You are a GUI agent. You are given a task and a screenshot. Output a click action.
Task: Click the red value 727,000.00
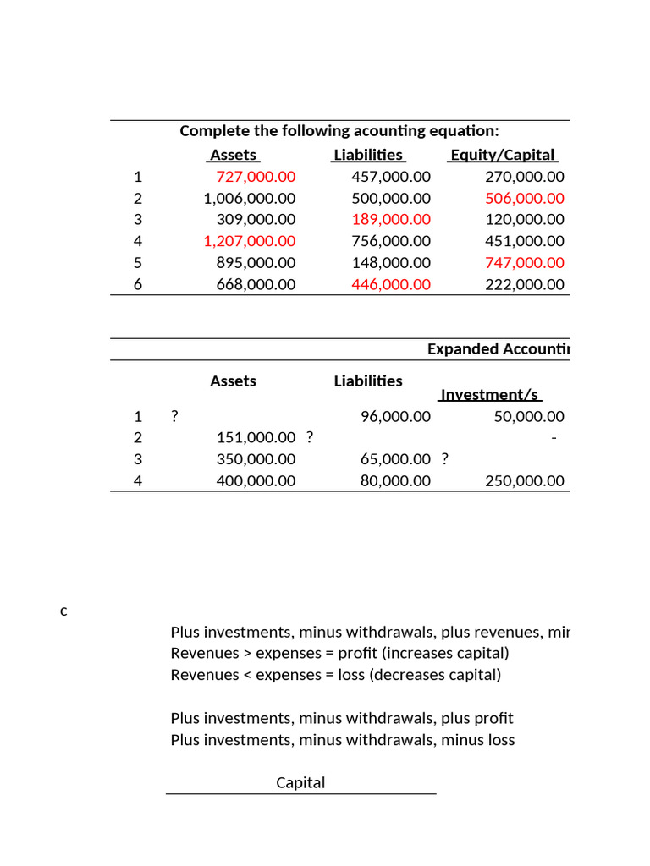256,177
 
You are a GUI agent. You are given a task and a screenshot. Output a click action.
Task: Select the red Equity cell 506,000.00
524,198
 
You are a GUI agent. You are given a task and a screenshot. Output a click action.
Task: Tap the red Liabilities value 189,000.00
390,219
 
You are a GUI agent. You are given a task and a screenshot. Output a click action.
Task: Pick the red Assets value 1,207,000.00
250,241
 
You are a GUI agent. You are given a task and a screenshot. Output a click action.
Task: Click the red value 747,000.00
524,262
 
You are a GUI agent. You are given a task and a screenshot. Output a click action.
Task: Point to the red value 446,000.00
390,284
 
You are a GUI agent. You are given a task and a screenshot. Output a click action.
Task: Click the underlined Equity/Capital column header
503,155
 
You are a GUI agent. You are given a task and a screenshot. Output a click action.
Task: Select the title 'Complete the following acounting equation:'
339,131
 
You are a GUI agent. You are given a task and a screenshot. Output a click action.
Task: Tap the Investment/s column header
490,395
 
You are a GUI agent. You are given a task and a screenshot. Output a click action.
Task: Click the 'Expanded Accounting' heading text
499,349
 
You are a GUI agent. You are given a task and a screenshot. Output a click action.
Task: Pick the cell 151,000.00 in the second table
256,437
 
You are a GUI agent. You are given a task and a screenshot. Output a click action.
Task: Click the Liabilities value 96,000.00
395,416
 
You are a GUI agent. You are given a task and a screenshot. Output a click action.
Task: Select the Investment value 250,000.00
524,480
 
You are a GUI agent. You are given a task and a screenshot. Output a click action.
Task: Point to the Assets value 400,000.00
256,480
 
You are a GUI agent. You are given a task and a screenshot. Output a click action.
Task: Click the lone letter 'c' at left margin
63,611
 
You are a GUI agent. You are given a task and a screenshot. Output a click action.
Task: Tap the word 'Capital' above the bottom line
300,782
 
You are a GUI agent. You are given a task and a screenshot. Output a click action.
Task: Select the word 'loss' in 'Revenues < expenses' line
351,675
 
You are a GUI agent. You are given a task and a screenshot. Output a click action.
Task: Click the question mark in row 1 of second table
174,416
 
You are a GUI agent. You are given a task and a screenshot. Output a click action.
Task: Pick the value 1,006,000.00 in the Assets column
250,198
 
